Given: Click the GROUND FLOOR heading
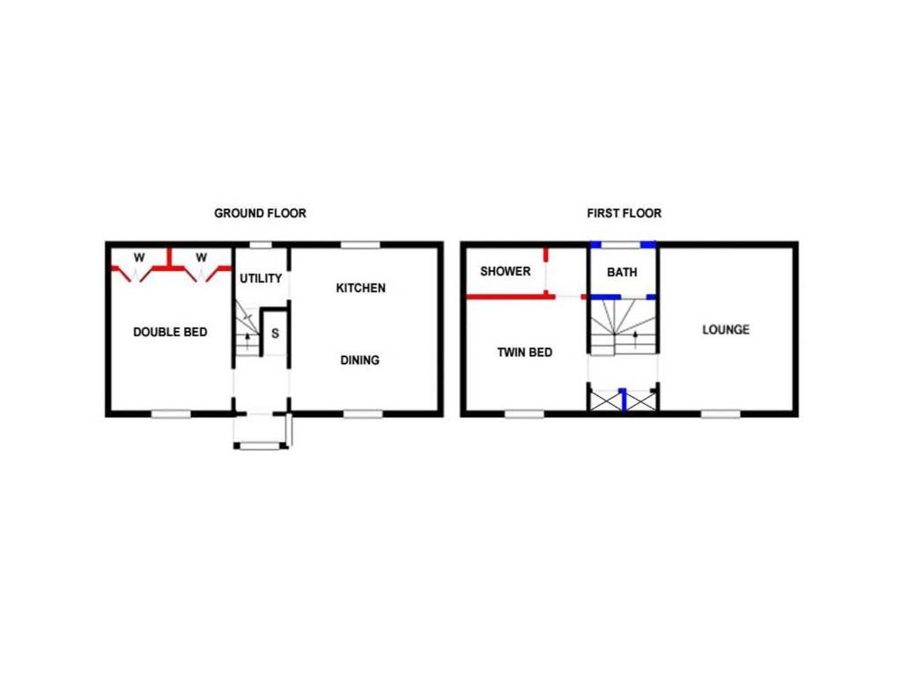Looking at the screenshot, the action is pos(260,213).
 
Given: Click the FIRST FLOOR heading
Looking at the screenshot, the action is pos(625,213).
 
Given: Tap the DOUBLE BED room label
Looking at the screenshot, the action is pos(170,332).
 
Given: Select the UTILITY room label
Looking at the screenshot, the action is pos(261,278).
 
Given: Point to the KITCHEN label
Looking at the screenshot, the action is pos(360,288).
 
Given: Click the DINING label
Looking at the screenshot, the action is pos(360,360).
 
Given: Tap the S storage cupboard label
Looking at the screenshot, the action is pos(275,334).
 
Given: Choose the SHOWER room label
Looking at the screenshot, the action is pos(506,271).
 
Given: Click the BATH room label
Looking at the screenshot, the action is pos(623,272).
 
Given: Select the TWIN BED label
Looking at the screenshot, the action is pos(525,352).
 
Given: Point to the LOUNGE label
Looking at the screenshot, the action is pos(726,330).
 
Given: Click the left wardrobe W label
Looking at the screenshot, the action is pos(139,258).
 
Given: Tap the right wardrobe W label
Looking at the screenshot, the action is pos(201,258).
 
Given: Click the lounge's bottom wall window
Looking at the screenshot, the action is pos(721,414).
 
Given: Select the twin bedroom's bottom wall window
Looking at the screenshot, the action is pos(525,414).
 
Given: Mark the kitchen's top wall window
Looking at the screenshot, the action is pos(360,245).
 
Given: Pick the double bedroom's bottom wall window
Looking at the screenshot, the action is pos(171,414).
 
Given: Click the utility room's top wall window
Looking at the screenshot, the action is pos(261,245).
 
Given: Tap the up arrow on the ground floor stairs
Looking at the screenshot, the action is pos(248,342).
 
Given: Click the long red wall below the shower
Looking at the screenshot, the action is pos(510,297).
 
